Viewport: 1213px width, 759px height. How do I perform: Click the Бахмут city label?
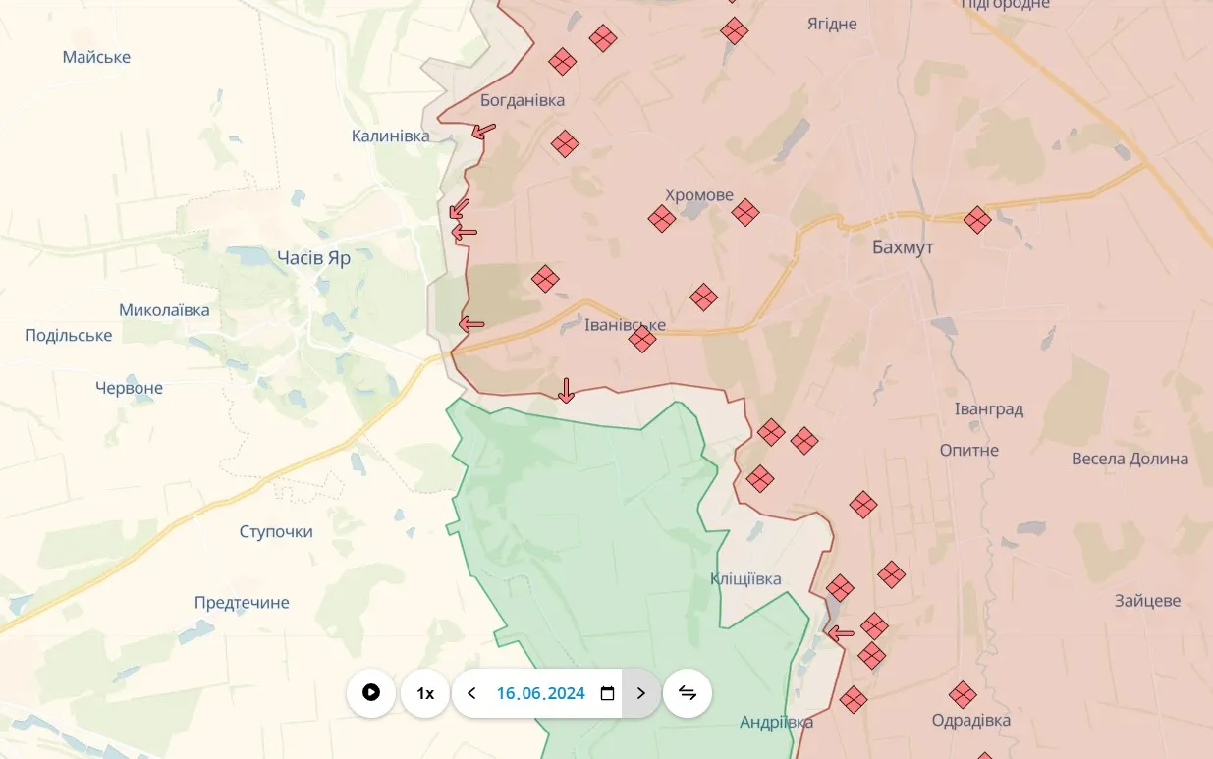point(903,247)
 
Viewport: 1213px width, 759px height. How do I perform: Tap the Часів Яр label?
point(313,258)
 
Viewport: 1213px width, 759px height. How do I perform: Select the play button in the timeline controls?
point(371,693)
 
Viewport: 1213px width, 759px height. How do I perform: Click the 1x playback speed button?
point(425,693)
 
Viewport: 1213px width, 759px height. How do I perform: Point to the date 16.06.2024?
point(540,693)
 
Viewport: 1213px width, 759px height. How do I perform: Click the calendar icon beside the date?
point(607,693)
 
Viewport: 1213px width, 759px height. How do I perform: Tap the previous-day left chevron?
point(471,693)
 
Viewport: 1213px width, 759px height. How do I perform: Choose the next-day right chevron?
point(641,693)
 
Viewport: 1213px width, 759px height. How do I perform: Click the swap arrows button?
point(688,693)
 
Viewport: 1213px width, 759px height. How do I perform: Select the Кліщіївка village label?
point(745,579)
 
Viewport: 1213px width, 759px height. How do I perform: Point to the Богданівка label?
point(523,100)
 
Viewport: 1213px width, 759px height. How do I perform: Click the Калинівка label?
point(391,136)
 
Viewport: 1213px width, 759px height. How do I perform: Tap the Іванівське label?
point(625,325)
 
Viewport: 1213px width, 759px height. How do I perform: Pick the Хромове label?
point(699,195)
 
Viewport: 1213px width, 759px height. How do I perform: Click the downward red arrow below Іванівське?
point(566,391)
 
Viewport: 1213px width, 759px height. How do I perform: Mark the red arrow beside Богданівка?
point(483,130)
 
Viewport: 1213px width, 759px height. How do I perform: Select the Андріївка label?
point(776,723)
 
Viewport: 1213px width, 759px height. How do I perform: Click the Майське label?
point(96,57)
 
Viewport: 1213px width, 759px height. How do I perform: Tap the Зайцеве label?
point(1148,601)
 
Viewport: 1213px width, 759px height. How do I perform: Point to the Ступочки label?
point(276,532)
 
